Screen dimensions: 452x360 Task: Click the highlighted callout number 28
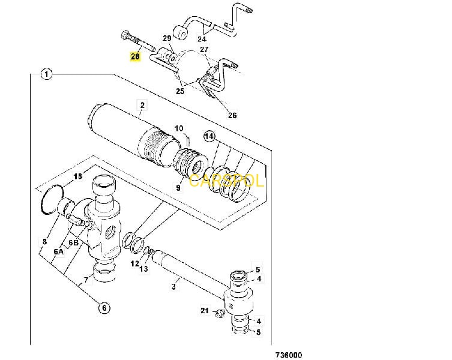click(x=135, y=56)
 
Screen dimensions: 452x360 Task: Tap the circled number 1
click(x=47, y=74)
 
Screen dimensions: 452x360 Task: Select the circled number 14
click(x=209, y=136)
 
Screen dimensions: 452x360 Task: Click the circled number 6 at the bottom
click(x=104, y=308)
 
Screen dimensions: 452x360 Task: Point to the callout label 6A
click(x=58, y=251)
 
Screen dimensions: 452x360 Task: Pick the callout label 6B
click(x=73, y=242)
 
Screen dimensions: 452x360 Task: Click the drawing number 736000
click(x=289, y=355)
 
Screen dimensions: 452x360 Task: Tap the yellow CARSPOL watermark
click(x=226, y=181)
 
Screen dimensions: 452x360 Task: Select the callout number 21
click(x=205, y=310)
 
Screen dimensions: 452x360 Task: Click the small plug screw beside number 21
click(x=220, y=313)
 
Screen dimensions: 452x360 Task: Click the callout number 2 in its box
click(x=142, y=105)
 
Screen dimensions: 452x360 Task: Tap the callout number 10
click(x=179, y=128)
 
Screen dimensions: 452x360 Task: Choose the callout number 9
click(x=178, y=188)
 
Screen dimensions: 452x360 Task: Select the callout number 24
click(x=202, y=38)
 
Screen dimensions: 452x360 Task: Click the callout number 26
click(x=232, y=115)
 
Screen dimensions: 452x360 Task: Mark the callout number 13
click(x=144, y=269)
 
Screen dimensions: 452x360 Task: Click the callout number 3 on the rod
click(x=173, y=287)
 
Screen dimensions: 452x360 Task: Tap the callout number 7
click(x=86, y=279)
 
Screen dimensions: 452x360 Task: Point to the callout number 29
click(x=167, y=38)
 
